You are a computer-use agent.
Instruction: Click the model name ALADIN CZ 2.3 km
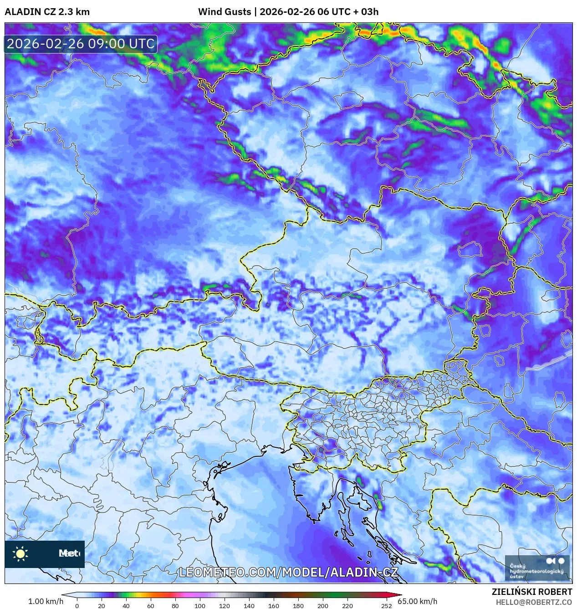coord(47,12)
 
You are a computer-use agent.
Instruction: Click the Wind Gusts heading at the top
coord(224,12)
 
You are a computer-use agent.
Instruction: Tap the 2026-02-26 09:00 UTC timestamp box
coord(81,44)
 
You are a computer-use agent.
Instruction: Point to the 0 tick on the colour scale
coord(77,605)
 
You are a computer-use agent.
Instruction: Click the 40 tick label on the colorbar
coord(126,605)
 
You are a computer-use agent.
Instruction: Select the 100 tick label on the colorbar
coord(200,605)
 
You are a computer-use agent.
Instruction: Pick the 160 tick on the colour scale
coord(274,605)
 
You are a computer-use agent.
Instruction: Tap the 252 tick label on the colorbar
coord(387,605)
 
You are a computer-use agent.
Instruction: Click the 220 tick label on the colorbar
coord(347,605)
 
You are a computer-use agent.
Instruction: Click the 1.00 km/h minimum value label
coord(46,601)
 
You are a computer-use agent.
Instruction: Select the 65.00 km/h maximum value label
coord(418,601)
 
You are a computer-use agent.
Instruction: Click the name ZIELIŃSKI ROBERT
coord(531,592)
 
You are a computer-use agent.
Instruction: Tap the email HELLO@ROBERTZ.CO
coord(534,602)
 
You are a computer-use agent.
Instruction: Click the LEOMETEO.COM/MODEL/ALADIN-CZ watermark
coord(289,573)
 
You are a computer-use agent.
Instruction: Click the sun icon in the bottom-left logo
coord(20,553)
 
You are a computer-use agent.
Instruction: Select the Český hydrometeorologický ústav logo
coord(537,568)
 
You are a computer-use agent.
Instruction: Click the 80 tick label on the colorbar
coord(175,605)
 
